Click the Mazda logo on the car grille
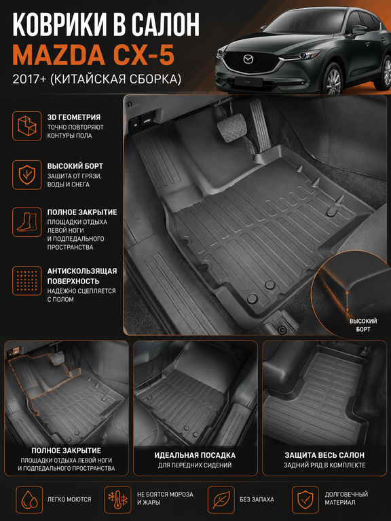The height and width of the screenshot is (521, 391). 248,60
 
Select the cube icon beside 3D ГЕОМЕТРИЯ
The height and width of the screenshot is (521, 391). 27,126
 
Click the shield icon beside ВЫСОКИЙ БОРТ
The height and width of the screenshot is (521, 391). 27,175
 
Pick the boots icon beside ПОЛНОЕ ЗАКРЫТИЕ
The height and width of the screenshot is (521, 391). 27,222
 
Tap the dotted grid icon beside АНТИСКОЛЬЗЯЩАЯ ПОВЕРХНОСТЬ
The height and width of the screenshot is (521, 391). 27,280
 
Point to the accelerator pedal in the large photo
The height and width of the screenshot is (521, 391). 261,126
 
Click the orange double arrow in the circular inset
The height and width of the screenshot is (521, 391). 347,301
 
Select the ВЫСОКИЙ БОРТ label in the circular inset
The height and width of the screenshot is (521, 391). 363,325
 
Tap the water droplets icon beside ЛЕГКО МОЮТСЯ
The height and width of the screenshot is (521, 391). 29,499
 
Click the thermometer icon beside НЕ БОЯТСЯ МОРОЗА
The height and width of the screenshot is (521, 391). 117,499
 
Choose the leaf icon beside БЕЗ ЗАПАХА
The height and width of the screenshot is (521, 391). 221,499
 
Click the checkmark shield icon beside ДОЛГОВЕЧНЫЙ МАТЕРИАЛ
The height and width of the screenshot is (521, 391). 305,499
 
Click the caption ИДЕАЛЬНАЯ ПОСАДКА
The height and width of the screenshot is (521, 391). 195,455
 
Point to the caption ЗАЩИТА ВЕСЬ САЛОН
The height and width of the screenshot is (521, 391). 324,455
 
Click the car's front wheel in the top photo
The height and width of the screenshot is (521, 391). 333,80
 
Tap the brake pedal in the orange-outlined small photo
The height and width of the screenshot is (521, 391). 57,359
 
